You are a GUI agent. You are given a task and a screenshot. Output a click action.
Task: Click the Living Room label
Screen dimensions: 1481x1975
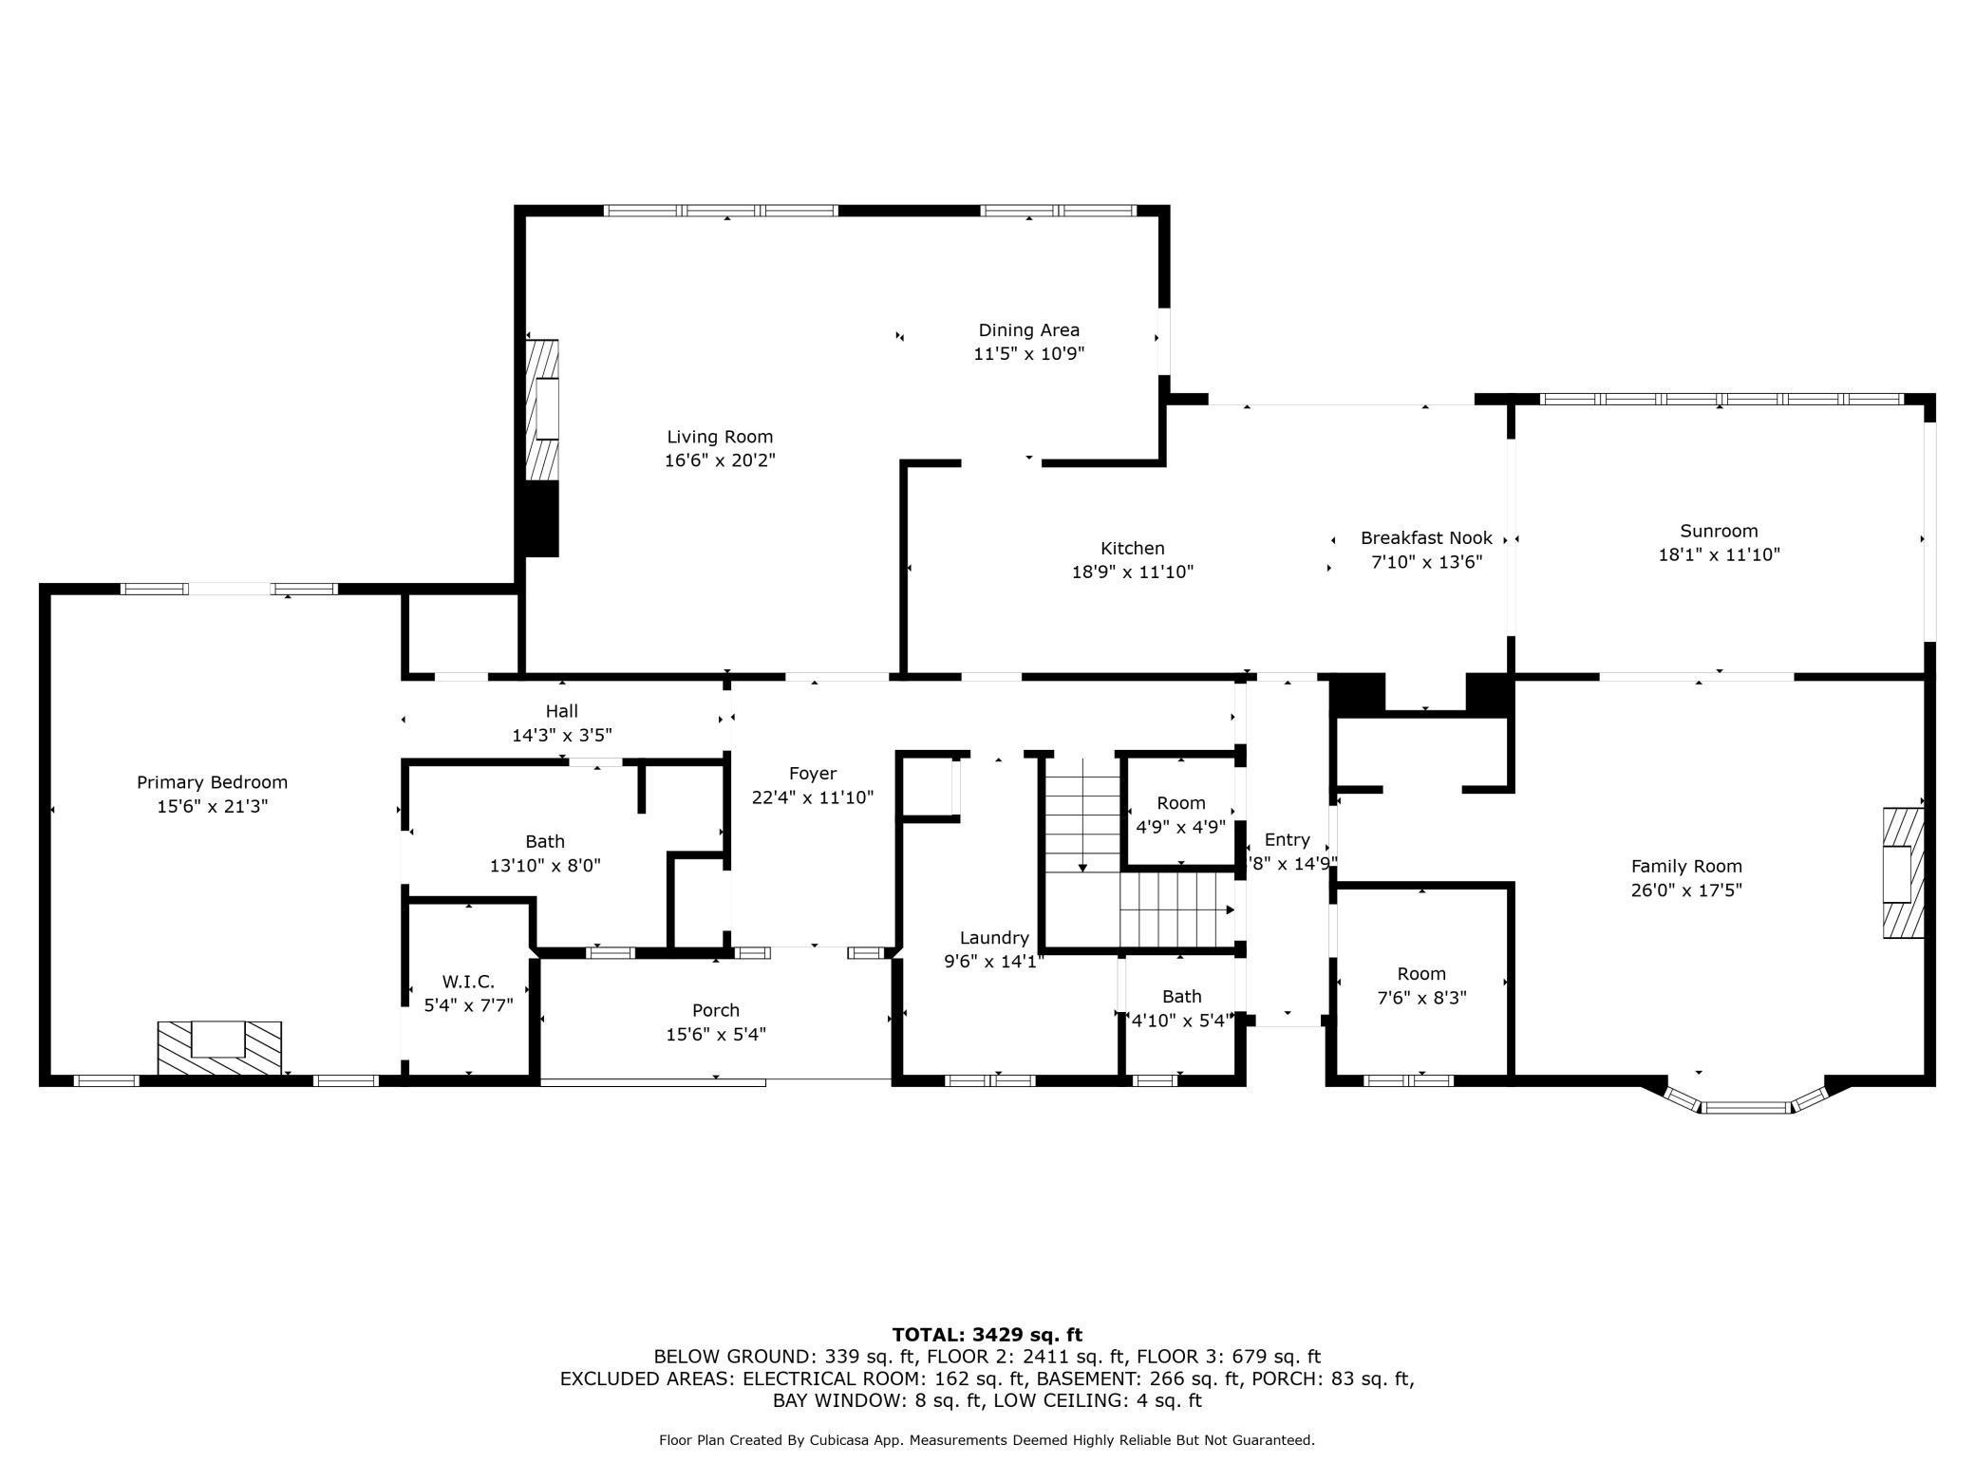[720, 437]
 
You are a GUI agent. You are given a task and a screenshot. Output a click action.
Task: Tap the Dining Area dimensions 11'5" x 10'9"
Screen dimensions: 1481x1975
[1028, 354]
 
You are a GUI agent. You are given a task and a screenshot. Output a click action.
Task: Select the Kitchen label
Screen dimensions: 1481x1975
[1132, 548]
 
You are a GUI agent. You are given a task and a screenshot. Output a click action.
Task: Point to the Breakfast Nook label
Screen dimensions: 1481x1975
[1426, 538]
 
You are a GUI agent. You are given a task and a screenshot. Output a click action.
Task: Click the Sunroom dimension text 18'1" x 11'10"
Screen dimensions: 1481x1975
[1719, 554]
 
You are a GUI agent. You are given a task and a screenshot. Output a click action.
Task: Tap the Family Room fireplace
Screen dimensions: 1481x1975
[1903, 872]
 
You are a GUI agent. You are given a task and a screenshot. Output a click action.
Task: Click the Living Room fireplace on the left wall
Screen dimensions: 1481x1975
[544, 409]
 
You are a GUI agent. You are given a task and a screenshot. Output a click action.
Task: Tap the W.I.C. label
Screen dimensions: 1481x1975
[468, 982]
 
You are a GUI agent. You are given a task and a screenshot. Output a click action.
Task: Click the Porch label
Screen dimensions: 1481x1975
[715, 1010]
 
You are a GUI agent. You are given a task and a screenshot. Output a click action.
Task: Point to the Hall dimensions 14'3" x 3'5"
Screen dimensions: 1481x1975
[561, 735]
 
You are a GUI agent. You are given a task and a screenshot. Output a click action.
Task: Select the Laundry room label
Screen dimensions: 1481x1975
[993, 938]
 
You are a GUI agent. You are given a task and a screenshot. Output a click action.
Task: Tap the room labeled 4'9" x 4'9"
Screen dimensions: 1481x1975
[1180, 814]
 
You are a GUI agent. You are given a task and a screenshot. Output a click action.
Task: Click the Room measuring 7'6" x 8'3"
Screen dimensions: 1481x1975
[1421, 985]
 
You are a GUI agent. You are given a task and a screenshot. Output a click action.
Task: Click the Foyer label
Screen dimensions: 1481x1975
[812, 774]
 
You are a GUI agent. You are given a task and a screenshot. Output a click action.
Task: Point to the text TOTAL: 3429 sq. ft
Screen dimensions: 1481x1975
[987, 1335]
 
